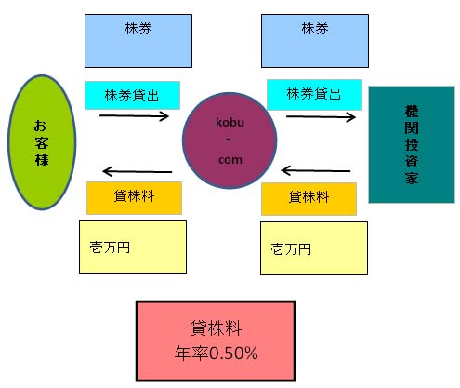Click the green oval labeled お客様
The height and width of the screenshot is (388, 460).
(x=42, y=142)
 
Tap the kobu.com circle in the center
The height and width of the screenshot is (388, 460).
(x=230, y=140)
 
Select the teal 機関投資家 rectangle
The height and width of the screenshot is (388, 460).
(x=412, y=144)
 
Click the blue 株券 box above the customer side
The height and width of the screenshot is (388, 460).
(x=138, y=41)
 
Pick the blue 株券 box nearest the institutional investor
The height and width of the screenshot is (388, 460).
(x=315, y=41)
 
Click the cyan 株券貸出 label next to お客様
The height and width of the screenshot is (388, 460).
(x=132, y=95)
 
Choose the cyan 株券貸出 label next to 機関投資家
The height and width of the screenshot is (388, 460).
(x=314, y=95)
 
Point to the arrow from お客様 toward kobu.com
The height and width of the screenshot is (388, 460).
(x=134, y=116)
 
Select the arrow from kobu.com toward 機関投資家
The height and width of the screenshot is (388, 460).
(x=321, y=117)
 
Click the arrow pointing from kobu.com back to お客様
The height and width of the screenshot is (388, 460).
(x=138, y=171)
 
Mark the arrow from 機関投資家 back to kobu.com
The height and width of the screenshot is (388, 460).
(x=316, y=170)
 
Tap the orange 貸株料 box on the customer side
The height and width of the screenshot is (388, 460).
(x=134, y=198)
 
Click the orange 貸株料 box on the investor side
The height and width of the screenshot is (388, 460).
(x=309, y=199)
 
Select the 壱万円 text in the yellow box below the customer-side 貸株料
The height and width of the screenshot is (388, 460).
(x=110, y=248)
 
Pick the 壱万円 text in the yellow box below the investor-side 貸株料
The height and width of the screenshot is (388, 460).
(x=291, y=248)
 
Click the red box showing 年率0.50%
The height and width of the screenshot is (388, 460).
(x=216, y=341)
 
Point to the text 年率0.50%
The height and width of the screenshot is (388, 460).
(x=217, y=353)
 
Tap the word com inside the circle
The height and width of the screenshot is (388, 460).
(x=230, y=160)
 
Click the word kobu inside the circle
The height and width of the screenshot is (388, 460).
(x=230, y=122)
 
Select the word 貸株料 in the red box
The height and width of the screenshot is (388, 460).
(x=216, y=328)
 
